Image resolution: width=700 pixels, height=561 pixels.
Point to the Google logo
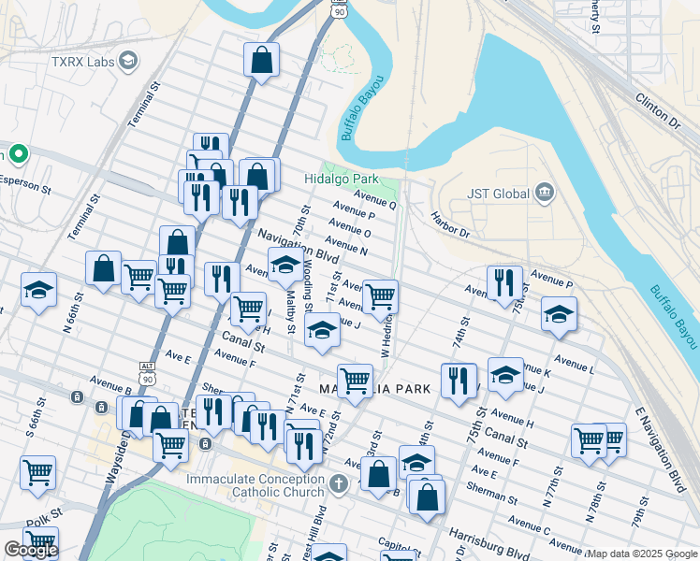pos(31,550)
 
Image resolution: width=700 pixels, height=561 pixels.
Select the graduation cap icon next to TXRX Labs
pos(127,62)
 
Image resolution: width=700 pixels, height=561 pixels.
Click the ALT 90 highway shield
pos(144,372)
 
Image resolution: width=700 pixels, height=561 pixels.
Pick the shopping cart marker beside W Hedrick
pos(380,296)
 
